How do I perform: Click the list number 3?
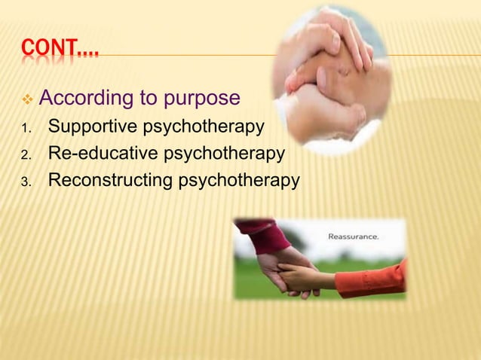click(x=24, y=182)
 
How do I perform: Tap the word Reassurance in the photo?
click(x=353, y=236)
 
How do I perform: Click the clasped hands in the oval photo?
click(x=332, y=83)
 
